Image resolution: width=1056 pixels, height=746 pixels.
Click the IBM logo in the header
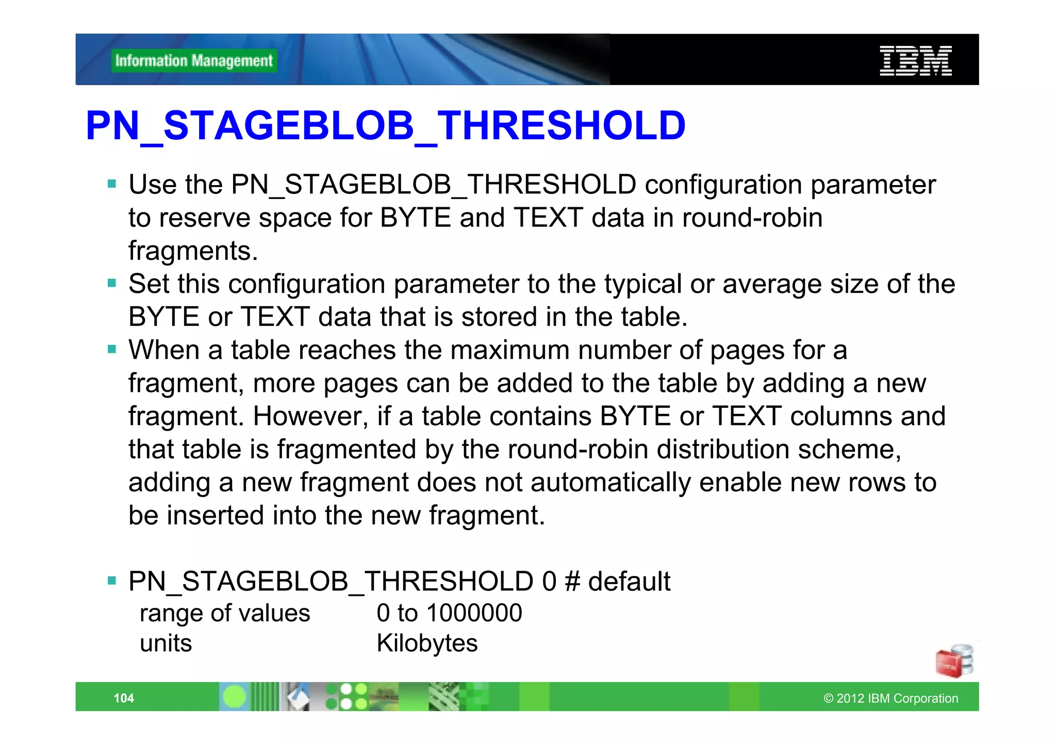pos(915,60)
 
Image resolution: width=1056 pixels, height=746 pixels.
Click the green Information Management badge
pos(194,61)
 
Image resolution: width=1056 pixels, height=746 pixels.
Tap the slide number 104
pos(124,698)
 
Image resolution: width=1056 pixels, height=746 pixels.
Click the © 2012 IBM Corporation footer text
pos(890,698)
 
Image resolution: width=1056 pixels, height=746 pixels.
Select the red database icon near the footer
pos(954,661)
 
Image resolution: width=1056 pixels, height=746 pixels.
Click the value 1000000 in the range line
pos(474,613)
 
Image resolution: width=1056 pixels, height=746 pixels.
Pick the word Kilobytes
pos(427,643)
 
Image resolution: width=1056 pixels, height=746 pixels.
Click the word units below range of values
pos(166,643)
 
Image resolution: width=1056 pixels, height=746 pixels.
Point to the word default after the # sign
pos(629,581)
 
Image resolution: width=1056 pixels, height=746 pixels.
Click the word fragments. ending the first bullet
pos(193,251)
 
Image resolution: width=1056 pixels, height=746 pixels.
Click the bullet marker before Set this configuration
pos(112,283)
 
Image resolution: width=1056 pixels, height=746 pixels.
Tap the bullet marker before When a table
pos(112,349)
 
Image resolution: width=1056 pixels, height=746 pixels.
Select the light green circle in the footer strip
pos(235,697)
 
